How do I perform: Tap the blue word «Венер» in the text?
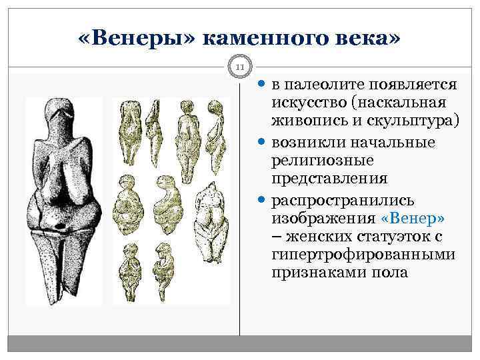413,219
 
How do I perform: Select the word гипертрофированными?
363,255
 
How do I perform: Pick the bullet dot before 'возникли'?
262,143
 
